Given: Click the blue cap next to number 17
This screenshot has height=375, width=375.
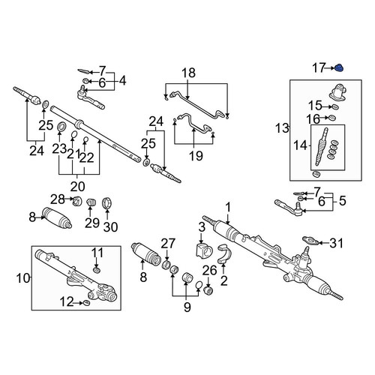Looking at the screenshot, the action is tap(339, 67).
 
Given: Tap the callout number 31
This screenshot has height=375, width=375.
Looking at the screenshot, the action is tap(336, 243).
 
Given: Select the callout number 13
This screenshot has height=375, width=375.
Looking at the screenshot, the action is tap(282, 128).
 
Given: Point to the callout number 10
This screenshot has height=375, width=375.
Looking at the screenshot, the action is tap(23, 278).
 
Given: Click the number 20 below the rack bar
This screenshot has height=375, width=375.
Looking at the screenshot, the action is tap(77, 186).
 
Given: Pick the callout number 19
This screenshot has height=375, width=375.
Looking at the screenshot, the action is tap(196, 156).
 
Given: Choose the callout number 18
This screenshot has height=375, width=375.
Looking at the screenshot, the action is tap(188, 73).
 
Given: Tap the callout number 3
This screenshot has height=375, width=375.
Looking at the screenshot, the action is tap(202, 227).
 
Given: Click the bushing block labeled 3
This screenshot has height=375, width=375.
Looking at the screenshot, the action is tap(203, 249).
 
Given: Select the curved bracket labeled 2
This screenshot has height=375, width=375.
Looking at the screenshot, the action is tap(222, 253).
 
